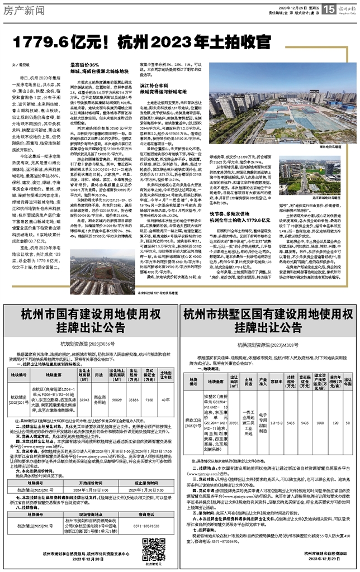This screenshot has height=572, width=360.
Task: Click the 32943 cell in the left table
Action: pyautogui.click(x=84, y=384)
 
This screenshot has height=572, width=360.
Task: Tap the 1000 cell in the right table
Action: pyautogui.click(x=319, y=403)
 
